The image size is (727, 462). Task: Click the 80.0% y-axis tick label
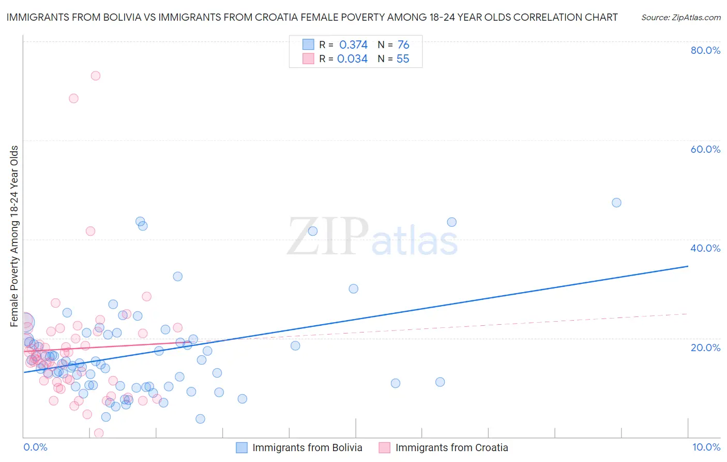pyautogui.click(x=705, y=50)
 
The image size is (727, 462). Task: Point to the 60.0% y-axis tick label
pyautogui.click(x=705, y=149)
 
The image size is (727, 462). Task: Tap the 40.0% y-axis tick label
pyautogui.click(x=705, y=248)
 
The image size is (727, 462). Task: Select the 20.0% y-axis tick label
pyautogui.click(x=705, y=347)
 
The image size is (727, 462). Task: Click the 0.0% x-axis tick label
pyautogui.click(x=35, y=447)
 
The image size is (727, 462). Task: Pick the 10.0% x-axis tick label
pyautogui.click(x=706, y=447)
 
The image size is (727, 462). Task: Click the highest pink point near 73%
pyautogui.click(x=95, y=76)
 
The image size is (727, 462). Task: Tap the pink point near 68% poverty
pyautogui.click(x=73, y=98)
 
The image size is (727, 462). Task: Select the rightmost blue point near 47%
pyautogui.click(x=616, y=203)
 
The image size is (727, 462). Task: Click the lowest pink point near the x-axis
pyautogui.click(x=99, y=433)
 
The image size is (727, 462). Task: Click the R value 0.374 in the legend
pyautogui.click(x=353, y=45)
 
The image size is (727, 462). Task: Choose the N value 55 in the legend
pyautogui.click(x=403, y=59)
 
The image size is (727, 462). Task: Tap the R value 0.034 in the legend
pyautogui.click(x=352, y=59)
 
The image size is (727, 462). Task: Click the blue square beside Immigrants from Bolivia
pyautogui.click(x=241, y=447)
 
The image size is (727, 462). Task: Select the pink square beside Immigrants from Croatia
pyautogui.click(x=384, y=447)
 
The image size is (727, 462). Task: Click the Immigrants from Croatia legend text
pyautogui.click(x=451, y=447)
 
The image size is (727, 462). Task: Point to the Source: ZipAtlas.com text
pyautogui.click(x=680, y=18)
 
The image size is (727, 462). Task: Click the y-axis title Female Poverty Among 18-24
pyautogui.click(x=14, y=236)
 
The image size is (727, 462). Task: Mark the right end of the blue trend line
pyautogui.click(x=688, y=266)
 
